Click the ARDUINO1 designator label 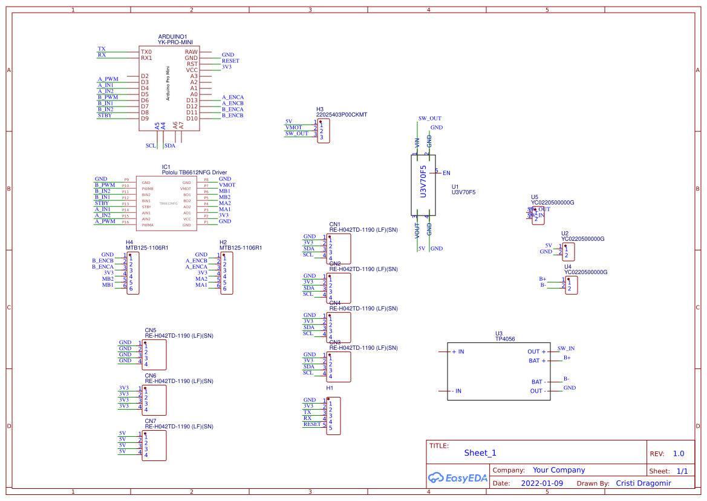pos(172,37)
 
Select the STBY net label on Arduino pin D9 pos(105,115)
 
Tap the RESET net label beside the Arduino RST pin pos(230,61)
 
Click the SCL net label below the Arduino pos(151,146)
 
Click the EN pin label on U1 pos(446,174)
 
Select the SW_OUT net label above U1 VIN pos(429,119)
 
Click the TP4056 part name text pos(505,339)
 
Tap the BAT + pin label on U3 pos(537,361)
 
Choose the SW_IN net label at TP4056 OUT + pos(566,349)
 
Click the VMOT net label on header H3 pos(294,128)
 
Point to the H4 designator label pos(129,242)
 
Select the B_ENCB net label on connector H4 pos(103,261)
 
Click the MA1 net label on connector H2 pos(201,285)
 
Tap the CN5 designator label pos(151,330)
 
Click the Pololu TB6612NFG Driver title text pos(194,172)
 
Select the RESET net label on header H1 pos(312,424)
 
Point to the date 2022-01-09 pos(542,483)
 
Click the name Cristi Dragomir pos(643,483)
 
